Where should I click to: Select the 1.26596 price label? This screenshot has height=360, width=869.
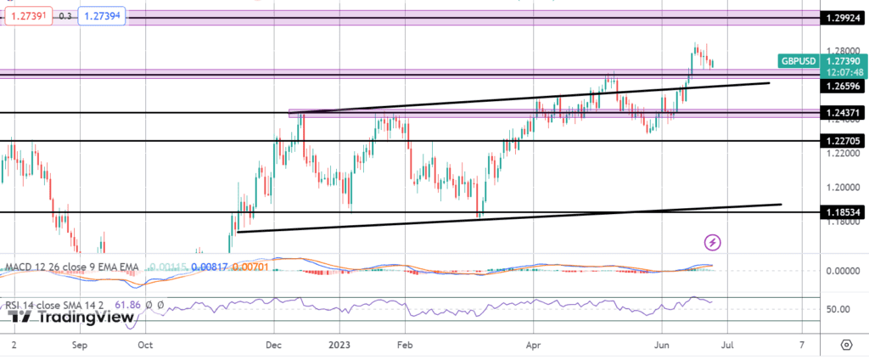click(x=844, y=86)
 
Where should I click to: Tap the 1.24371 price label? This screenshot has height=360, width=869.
click(x=844, y=113)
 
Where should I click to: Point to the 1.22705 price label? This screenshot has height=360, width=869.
click(x=844, y=141)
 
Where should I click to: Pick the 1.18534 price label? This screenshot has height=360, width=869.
click(x=844, y=212)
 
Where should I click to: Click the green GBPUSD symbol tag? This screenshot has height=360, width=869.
click(x=799, y=61)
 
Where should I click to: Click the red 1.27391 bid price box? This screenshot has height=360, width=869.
click(x=26, y=16)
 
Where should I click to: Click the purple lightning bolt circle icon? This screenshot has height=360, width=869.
click(x=714, y=243)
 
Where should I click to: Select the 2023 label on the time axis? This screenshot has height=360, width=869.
click(x=339, y=346)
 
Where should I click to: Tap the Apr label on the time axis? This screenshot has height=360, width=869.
click(x=533, y=346)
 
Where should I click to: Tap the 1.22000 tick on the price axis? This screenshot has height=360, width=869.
click(x=840, y=154)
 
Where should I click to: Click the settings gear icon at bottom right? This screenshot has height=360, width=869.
click(x=846, y=346)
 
